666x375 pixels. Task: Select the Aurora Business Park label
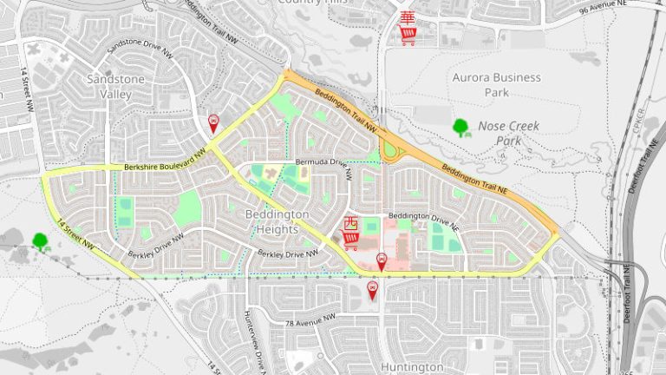click(x=497, y=84)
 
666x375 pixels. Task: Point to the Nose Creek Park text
click(x=508, y=133)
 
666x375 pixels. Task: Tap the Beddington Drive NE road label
click(x=422, y=215)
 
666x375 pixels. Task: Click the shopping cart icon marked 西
click(x=351, y=233)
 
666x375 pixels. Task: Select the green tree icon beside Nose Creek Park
click(x=461, y=128)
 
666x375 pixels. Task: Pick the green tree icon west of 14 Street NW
click(x=40, y=242)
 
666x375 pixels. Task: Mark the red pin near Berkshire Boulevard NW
click(x=213, y=123)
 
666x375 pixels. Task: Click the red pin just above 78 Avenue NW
click(x=374, y=290)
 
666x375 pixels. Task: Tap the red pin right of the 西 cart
click(x=382, y=260)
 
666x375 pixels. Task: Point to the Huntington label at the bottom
click(x=412, y=367)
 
